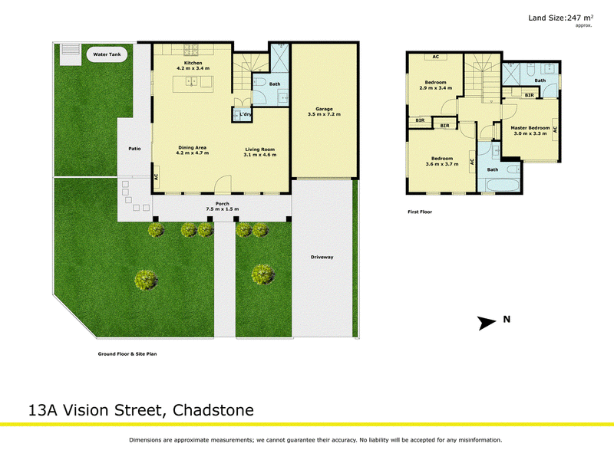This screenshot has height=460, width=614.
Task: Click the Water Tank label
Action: (107, 54)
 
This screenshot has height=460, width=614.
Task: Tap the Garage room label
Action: (324, 109)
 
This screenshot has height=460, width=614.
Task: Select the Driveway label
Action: (322, 257)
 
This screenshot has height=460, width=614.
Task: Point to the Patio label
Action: (135, 149)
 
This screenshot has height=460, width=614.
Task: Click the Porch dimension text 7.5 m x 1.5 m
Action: (223, 209)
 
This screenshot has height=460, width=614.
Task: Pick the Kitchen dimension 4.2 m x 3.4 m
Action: (193, 68)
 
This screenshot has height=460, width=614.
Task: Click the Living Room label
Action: (260, 149)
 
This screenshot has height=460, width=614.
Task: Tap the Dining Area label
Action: (193, 147)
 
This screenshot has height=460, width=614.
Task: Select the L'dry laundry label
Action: (246, 114)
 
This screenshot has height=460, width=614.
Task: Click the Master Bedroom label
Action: (530, 128)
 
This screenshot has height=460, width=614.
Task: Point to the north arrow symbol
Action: (487, 323)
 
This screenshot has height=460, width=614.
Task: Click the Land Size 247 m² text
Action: (561, 18)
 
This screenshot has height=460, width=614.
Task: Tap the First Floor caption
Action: (420, 212)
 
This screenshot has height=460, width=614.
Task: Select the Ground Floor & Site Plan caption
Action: (127, 354)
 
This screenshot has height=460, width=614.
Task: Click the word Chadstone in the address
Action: (213, 410)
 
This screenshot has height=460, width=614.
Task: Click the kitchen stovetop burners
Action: (190, 50)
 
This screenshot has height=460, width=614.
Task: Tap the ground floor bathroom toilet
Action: (259, 82)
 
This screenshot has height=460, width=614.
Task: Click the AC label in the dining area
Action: (156, 177)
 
